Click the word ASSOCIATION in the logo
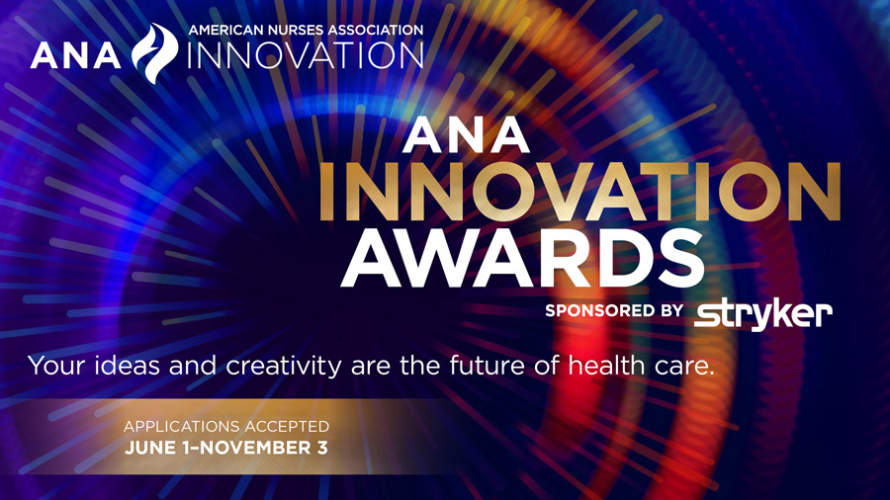[x=374, y=30]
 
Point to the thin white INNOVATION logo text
[x=305, y=55]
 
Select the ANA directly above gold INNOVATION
[x=467, y=136]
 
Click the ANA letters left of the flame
[x=79, y=55]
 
